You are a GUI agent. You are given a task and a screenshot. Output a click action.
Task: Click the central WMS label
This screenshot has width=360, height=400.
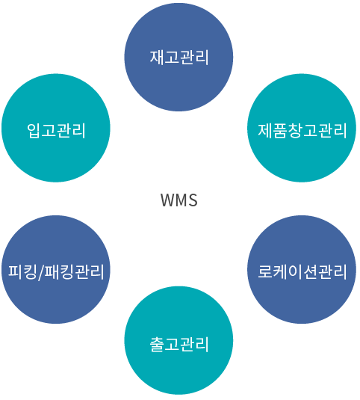179,200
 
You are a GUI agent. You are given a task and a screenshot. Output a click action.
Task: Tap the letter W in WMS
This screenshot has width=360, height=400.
167,200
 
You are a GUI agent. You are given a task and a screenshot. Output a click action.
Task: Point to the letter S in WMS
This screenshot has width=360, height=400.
193,200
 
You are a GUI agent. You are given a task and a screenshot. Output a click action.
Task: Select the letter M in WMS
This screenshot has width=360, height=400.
181,200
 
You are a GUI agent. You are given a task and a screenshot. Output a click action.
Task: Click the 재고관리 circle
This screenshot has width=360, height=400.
179,57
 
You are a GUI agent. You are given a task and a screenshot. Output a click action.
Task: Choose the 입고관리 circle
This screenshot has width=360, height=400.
56,128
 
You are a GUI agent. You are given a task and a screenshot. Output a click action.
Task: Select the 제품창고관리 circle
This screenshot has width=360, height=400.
302,128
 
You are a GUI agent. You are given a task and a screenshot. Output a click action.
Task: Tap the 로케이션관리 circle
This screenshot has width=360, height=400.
302,269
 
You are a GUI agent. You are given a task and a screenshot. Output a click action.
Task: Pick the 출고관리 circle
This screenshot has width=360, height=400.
179,340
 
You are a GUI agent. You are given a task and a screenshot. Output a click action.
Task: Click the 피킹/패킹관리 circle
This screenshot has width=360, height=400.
56,269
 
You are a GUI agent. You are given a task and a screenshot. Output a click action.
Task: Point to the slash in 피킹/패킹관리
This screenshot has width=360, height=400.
40,272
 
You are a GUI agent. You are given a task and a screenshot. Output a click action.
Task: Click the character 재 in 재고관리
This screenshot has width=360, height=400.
157,57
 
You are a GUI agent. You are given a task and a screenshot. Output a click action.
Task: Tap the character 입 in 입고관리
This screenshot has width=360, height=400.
34,131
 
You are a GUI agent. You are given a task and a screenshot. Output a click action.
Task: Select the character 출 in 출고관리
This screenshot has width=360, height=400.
157,345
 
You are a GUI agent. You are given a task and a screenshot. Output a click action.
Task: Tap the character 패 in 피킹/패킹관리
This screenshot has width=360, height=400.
52,271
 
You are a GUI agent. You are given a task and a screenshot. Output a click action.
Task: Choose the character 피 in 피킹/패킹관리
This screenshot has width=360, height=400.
15,271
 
